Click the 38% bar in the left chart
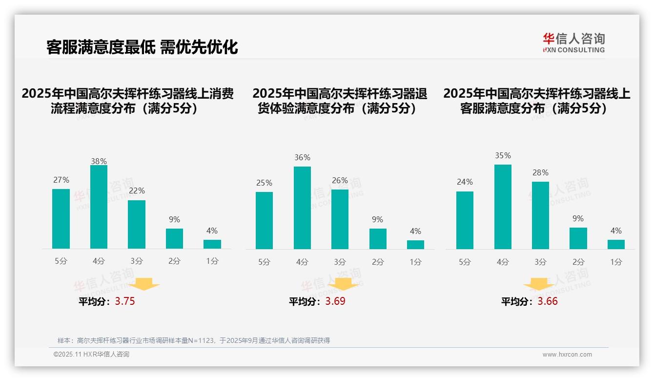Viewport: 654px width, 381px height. [99, 207]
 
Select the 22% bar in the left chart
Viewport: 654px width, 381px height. [137, 225]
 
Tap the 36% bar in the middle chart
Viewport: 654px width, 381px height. [302, 208]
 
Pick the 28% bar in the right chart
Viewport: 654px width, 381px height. [540, 215]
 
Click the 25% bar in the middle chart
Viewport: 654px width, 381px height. [264, 220]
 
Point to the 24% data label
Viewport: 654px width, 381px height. [465, 182]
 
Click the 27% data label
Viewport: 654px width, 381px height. [61, 180]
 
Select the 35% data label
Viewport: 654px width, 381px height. [503, 156]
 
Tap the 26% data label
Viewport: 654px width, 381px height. [340, 181]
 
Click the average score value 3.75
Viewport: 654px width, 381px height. [125, 301]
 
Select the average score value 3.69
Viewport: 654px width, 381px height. [335, 301]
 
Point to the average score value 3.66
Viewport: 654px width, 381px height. [548, 301]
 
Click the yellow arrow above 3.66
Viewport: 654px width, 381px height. [539, 285]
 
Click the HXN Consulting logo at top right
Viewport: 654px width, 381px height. [573, 43]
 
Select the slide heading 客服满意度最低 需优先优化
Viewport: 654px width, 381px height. [142, 47]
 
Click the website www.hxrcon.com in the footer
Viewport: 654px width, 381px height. [567, 355]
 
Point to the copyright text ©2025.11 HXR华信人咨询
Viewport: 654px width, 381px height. [91, 355]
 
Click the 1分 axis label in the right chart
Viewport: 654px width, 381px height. [616, 262]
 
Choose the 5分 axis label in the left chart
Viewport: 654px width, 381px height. [61, 261]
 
